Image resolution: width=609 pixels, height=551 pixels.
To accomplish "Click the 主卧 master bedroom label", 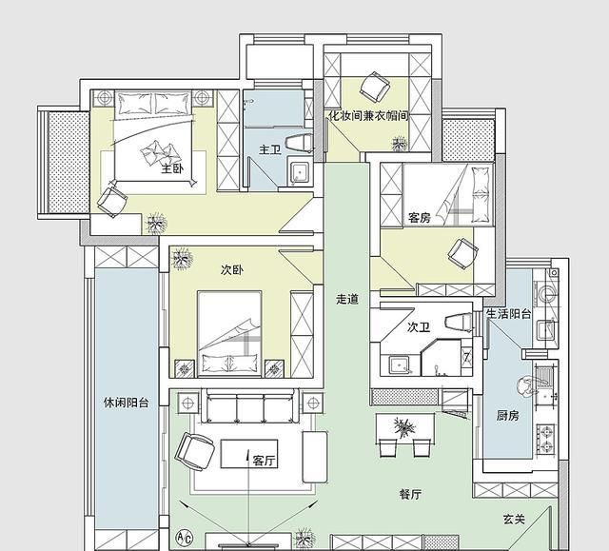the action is [x=172, y=168].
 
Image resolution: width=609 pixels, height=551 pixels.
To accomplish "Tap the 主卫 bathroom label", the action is [x=270, y=149].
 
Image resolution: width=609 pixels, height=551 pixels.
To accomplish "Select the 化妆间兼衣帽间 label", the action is [x=368, y=115].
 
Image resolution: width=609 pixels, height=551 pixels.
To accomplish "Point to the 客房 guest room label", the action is [x=419, y=217].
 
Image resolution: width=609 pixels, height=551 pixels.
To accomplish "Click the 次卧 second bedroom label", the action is [x=232, y=269].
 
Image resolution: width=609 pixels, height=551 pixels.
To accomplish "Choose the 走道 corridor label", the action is [x=347, y=299].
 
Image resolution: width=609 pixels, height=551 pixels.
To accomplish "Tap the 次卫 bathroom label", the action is [x=419, y=327].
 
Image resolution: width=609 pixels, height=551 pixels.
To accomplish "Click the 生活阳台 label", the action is [x=509, y=313].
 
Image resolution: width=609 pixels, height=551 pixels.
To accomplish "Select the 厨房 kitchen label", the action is [x=507, y=416].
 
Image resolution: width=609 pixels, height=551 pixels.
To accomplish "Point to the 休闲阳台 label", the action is [x=127, y=403].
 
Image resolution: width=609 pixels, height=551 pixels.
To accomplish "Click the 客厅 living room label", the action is [x=265, y=461].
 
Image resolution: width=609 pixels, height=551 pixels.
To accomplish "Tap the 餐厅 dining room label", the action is [x=410, y=494].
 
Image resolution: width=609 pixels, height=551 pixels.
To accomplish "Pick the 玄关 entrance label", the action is [x=514, y=520].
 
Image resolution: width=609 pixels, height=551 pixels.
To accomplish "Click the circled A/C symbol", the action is [x=184, y=538].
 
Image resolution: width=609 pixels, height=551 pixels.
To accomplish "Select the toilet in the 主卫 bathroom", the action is [x=300, y=143].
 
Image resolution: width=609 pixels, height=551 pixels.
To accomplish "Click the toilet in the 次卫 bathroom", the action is [x=460, y=322].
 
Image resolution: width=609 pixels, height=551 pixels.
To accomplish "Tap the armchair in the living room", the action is [x=194, y=451].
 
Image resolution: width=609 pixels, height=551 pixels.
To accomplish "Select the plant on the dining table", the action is [x=404, y=427].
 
